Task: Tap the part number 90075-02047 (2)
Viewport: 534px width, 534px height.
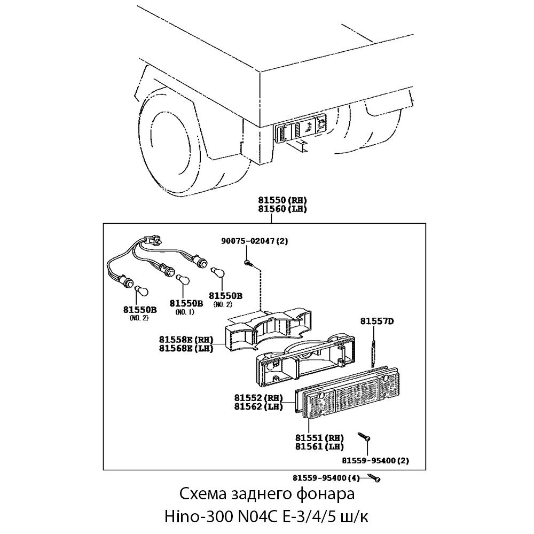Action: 254,241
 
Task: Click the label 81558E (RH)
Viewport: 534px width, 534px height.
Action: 186,340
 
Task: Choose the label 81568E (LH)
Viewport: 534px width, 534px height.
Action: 186,349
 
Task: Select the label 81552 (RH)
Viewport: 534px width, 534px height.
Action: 258,398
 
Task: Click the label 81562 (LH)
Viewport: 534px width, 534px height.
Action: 258,407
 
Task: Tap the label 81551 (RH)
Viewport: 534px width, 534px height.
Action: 319,437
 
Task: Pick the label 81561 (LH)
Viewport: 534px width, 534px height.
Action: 319,446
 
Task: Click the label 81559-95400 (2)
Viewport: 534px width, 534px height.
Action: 375,460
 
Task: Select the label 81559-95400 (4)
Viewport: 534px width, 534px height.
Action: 327,477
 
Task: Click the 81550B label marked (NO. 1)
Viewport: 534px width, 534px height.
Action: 186,303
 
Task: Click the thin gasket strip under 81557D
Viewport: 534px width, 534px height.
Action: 375,347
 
